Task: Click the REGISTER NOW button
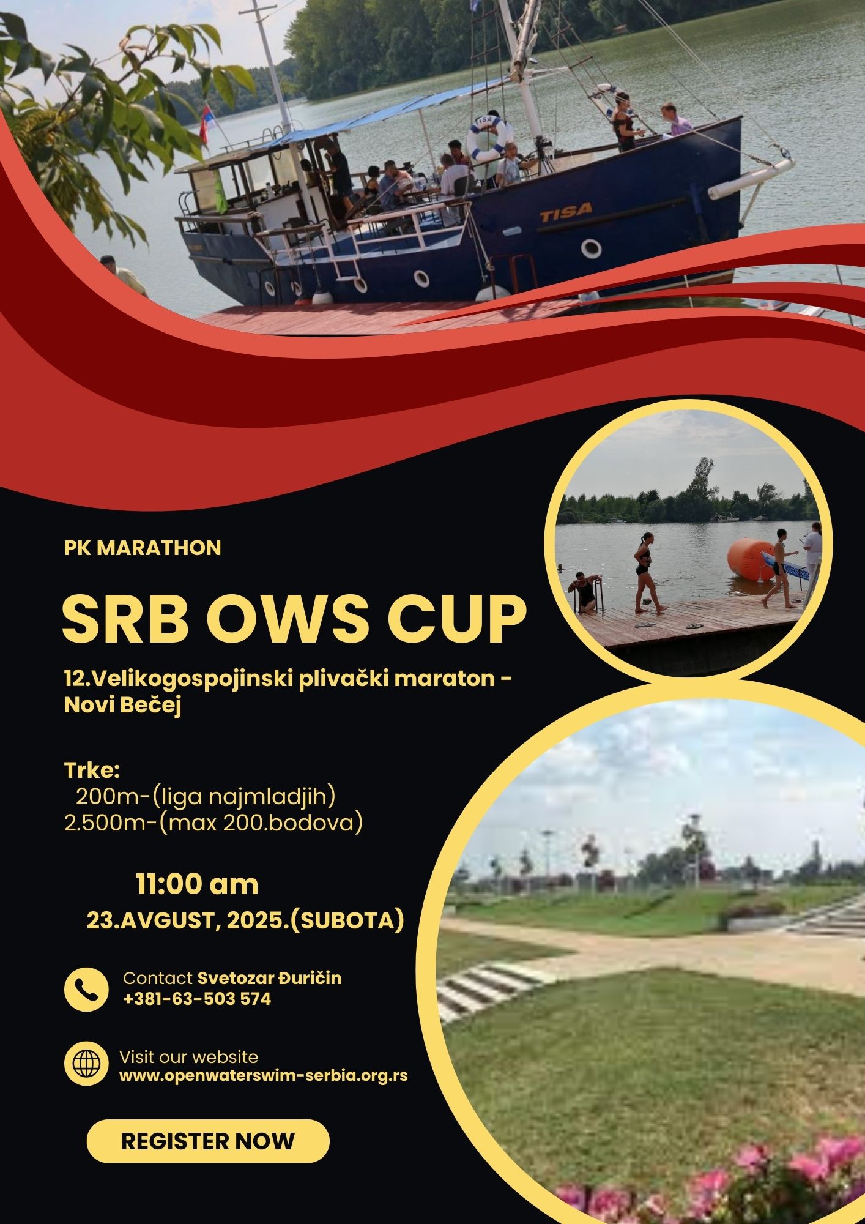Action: (x=208, y=1141)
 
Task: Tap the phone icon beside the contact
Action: (x=86, y=990)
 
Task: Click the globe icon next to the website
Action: (x=86, y=1064)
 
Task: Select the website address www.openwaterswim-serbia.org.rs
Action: (x=264, y=1075)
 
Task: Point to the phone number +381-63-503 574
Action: (x=197, y=999)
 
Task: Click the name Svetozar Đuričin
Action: (x=269, y=978)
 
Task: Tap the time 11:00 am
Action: (x=197, y=884)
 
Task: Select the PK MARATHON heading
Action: (x=143, y=548)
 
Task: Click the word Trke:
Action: (x=92, y=769)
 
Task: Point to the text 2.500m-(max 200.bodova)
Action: (x=213, y=823)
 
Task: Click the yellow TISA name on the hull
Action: (x=566, y=211)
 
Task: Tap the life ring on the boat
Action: (x=488, y=139)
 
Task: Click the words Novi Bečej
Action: (x=123, y=706)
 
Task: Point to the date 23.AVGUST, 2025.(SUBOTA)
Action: (x=245, y=920)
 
